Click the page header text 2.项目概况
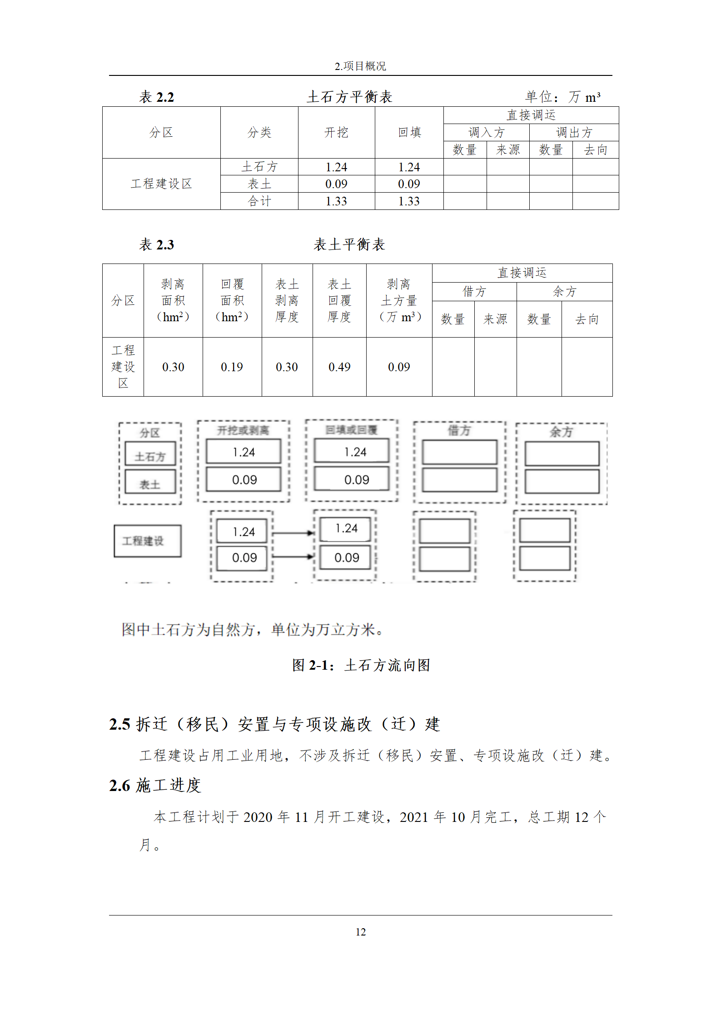point(360,66)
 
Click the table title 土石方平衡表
point(349,97)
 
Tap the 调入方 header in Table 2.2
point(486,133)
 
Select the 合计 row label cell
point(259,201)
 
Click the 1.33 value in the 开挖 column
point(336,201)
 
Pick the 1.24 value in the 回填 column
point(409,167)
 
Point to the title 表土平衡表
point(349,244)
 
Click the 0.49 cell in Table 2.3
point(339,367)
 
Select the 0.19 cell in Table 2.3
point(232,367)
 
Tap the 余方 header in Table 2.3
point(564,292)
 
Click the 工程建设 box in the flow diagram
point(147,541)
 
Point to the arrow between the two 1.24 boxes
point(293,533)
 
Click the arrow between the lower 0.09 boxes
point(293,556)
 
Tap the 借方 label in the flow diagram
point(459,430)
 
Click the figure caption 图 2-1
point(361,665)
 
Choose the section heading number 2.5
point(119,724)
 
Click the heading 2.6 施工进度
point(155,785)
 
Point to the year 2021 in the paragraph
point(413,817)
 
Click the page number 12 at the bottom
point(360,932)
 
